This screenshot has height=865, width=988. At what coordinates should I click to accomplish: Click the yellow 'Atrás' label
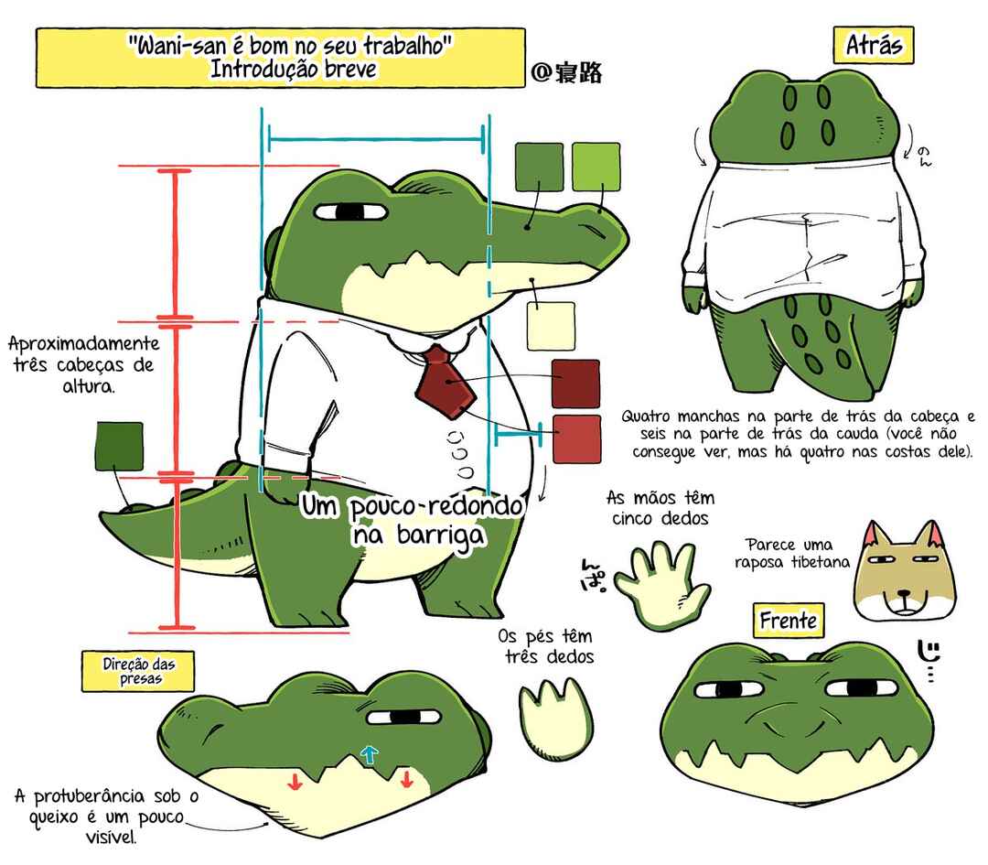pos(874,45)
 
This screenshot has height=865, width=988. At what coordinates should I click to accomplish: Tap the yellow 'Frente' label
pos(789,621)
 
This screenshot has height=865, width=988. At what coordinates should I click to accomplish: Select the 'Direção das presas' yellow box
pos(138,672)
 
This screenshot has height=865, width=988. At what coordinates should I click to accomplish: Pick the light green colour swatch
pos(596,167)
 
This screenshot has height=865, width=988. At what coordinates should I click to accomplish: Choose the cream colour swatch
pos(551,326)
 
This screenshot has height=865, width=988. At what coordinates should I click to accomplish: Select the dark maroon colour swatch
pos(575,384)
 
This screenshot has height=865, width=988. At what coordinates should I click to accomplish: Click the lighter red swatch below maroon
pos(576,438)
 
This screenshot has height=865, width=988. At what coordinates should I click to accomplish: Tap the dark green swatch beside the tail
pos(119,447)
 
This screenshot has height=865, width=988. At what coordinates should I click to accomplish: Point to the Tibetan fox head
pos(904,571)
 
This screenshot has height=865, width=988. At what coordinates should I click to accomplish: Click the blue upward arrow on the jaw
pos(370,754)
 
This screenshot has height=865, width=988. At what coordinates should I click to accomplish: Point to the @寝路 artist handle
pos(566,72)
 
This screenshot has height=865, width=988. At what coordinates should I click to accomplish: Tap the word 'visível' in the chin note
pos(111,838)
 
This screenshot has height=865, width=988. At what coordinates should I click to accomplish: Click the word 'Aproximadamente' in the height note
pos(84,344)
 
